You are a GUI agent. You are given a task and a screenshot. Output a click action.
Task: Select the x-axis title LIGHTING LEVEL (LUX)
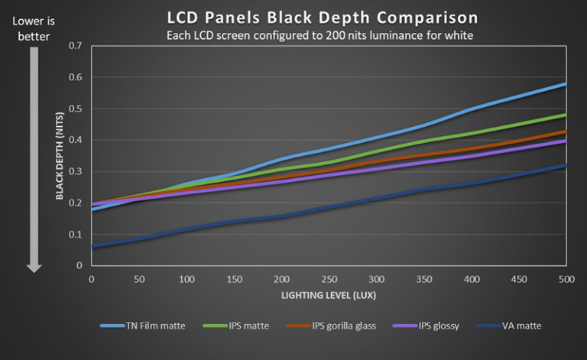tap(328, 294)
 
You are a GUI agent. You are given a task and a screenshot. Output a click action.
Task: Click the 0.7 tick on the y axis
tap(75, 46)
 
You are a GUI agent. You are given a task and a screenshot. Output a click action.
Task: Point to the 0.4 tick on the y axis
tap(75, 140)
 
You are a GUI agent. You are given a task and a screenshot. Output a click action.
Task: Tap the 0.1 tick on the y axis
tap(75, 234)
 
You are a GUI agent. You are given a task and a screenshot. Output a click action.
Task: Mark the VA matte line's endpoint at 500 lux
tap(565, 165)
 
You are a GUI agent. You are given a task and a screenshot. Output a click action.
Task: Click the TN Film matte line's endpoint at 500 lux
tap(565, 83)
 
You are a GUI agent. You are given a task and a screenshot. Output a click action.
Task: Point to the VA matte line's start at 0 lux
tap(92, 246)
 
